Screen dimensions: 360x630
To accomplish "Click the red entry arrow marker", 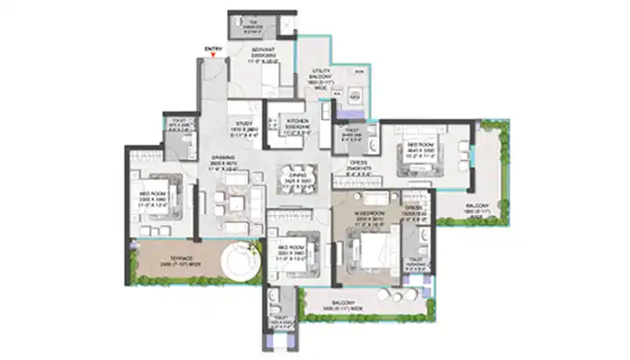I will (212, 56).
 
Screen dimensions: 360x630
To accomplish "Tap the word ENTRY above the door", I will (212, 48).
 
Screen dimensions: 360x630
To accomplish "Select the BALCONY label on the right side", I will (477, 210).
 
